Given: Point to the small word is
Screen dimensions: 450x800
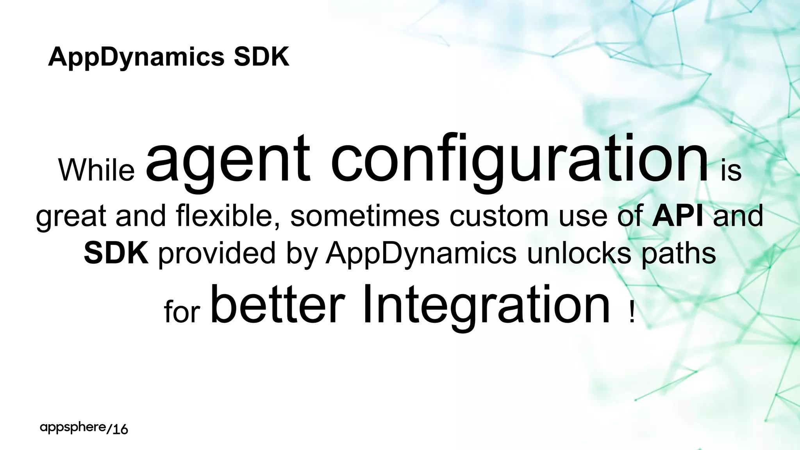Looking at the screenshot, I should (731, 171).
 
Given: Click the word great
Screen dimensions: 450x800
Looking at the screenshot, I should (71, 217).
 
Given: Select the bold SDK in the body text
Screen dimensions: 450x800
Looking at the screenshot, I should (116, 253).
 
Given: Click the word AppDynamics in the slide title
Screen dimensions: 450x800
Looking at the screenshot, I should (136, 57).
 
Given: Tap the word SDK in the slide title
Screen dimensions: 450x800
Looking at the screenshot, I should (261, 57).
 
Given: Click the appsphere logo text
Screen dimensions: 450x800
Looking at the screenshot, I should (73, 428).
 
